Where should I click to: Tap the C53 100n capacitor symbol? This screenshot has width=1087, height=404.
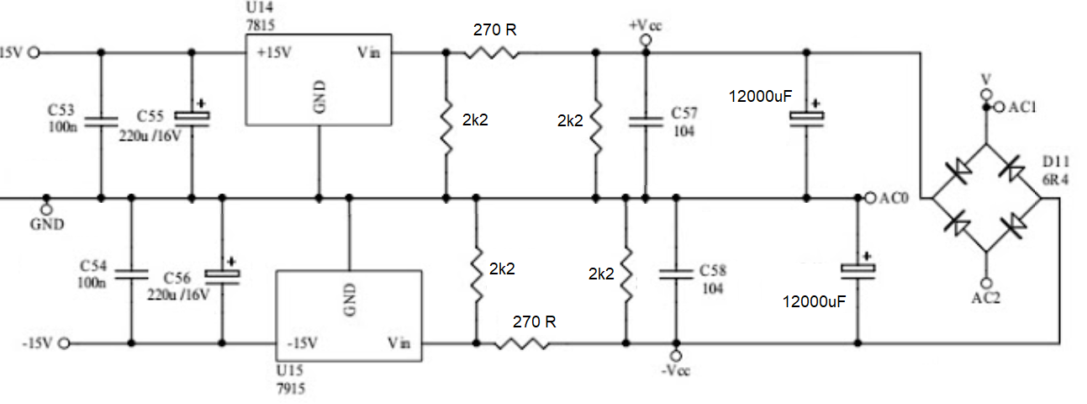(x=101, y=122)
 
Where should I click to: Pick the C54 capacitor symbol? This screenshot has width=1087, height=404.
(x=131, y=274)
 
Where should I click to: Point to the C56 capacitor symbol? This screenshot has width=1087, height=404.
(x=222, y=276)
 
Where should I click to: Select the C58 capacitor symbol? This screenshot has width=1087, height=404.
(x=676, y=274)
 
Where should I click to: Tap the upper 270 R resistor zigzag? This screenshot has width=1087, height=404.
(x=492, y=52)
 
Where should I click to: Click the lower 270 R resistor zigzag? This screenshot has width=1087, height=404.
(x=522, y=343)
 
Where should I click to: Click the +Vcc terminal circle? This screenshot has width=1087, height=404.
(x=646, y=40)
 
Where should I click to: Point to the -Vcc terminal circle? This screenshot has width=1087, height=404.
(x=676, y=356)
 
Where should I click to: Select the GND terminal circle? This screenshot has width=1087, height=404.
(x=46, y=210)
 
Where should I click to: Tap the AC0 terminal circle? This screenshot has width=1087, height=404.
(x=871, y=198)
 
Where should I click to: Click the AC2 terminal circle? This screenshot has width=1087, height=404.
(x=985, y=283)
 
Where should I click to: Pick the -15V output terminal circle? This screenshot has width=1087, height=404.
(x=64, y=343)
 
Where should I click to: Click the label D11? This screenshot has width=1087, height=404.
(x=1055, y=162)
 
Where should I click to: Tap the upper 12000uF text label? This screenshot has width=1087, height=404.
(x=760, y=96)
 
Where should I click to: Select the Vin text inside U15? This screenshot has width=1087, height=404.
(x=398, y=343)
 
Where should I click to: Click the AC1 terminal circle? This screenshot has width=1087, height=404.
(x=998, y=107)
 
